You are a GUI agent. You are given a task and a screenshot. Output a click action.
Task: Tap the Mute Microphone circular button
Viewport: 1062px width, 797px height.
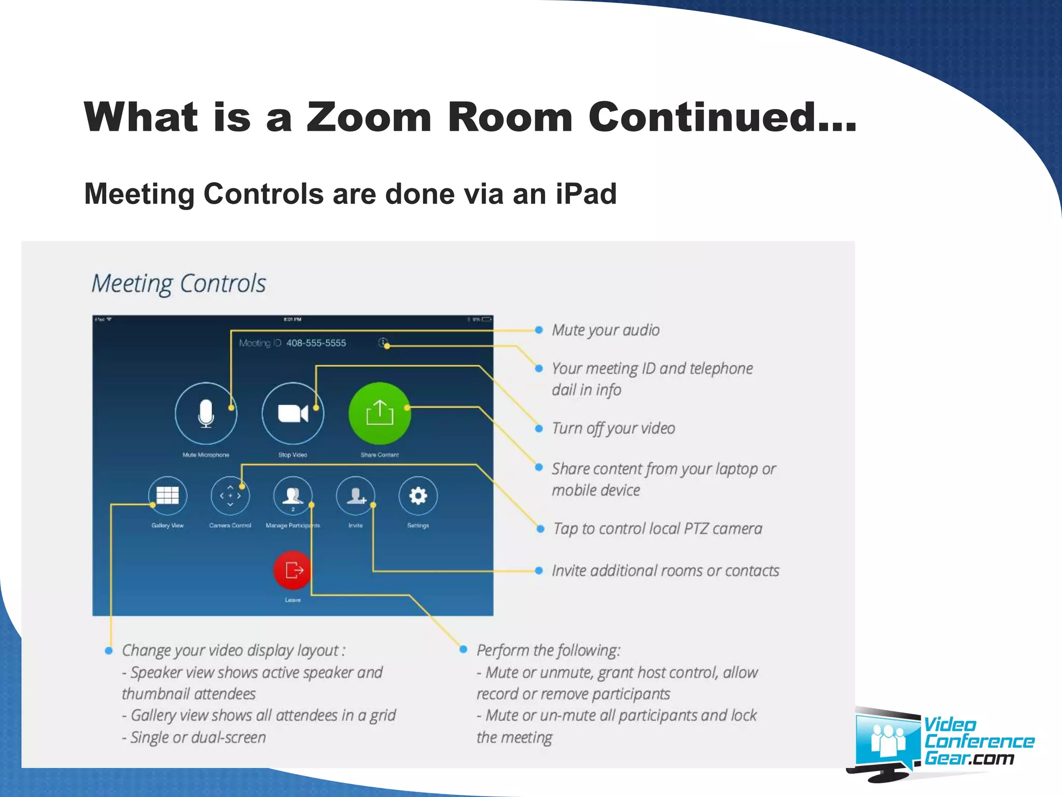point(206,413)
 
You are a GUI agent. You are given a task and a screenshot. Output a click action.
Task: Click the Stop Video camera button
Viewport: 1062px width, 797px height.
point(293,413)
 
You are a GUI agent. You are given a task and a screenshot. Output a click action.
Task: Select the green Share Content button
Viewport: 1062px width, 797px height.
point(380,413)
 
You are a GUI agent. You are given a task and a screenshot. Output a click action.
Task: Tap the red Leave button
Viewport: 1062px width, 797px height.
point(293,570)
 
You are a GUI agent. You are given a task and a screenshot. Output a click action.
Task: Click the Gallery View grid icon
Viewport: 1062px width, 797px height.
point(167,496)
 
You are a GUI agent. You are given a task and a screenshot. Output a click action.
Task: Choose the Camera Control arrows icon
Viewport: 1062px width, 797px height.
point(230,496)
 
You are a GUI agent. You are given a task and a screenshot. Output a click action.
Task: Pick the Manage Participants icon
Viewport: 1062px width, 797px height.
point(293,496)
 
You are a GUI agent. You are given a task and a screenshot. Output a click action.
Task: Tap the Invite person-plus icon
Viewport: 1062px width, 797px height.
point(356,496)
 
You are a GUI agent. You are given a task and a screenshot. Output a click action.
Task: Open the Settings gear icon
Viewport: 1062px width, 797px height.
point(418,496)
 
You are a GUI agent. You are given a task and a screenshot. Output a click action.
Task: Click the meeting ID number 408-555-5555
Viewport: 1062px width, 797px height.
point(316,343)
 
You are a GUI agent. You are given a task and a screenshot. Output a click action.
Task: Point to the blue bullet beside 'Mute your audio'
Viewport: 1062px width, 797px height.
point(539,330)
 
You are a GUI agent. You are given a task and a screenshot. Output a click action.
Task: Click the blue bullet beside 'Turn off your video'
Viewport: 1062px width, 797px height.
point(539,429)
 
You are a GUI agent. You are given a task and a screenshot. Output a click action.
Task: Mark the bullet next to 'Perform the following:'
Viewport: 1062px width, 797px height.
point(464,650)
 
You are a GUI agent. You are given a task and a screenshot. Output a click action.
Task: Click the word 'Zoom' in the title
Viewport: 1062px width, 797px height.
point(369,117)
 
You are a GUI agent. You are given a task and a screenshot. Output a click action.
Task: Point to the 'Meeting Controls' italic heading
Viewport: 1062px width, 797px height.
point(178,284)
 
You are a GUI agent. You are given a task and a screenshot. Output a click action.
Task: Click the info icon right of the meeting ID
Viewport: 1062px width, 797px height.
point(383,342)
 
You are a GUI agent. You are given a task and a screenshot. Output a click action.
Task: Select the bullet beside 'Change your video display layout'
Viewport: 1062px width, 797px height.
point(109,651)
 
